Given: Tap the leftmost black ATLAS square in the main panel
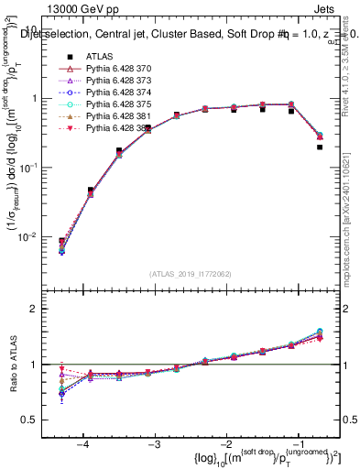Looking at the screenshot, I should [x=61, y=241].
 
